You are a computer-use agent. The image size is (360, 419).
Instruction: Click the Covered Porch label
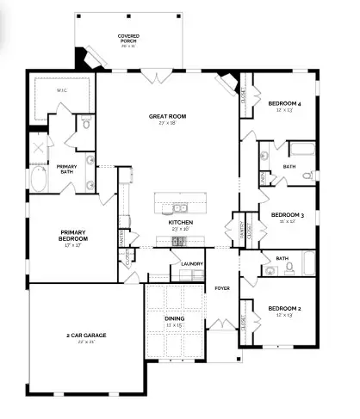[x=129, y=39]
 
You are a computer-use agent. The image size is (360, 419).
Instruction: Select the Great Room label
[x=167, y=117]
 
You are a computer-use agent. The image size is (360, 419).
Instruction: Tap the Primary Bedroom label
[x=75, y=235]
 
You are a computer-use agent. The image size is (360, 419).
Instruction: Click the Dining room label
[x=174, y=321]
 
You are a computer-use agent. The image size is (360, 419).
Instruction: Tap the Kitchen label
[x=180, y=225]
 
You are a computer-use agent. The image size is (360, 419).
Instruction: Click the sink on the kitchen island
[x=180, y=207]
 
